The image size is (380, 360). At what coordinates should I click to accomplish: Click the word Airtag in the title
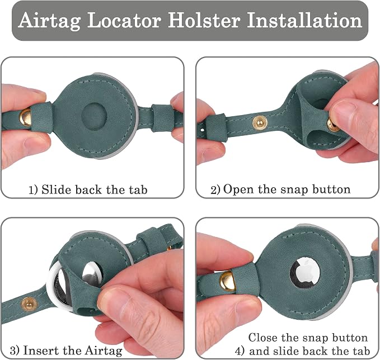[x=49, y=21]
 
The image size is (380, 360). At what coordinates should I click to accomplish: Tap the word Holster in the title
[x=204, y=20]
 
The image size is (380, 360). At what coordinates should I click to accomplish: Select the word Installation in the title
[x=304, y=20]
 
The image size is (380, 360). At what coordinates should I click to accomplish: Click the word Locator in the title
[x=124, y=20]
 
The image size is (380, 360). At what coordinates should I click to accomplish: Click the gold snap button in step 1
[x=25, y=117]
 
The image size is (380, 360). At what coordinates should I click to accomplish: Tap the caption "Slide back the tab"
[x=94, y=190]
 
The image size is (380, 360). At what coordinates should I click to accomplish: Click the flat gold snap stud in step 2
[x=260, y=122]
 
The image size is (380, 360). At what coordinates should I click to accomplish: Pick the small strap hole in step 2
[x=203, y=130]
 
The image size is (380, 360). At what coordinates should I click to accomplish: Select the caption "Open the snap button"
[x=287, y=189]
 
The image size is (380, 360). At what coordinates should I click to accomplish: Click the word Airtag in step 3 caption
[x=104, y=350]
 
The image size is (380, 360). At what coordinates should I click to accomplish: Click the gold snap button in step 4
[x=227, y=281]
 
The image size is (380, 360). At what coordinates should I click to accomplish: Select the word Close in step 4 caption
[x=263, y=338]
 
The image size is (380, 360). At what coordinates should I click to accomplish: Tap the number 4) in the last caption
[x=241, y=351]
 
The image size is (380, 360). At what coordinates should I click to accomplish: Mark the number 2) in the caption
[x=215, y=190]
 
